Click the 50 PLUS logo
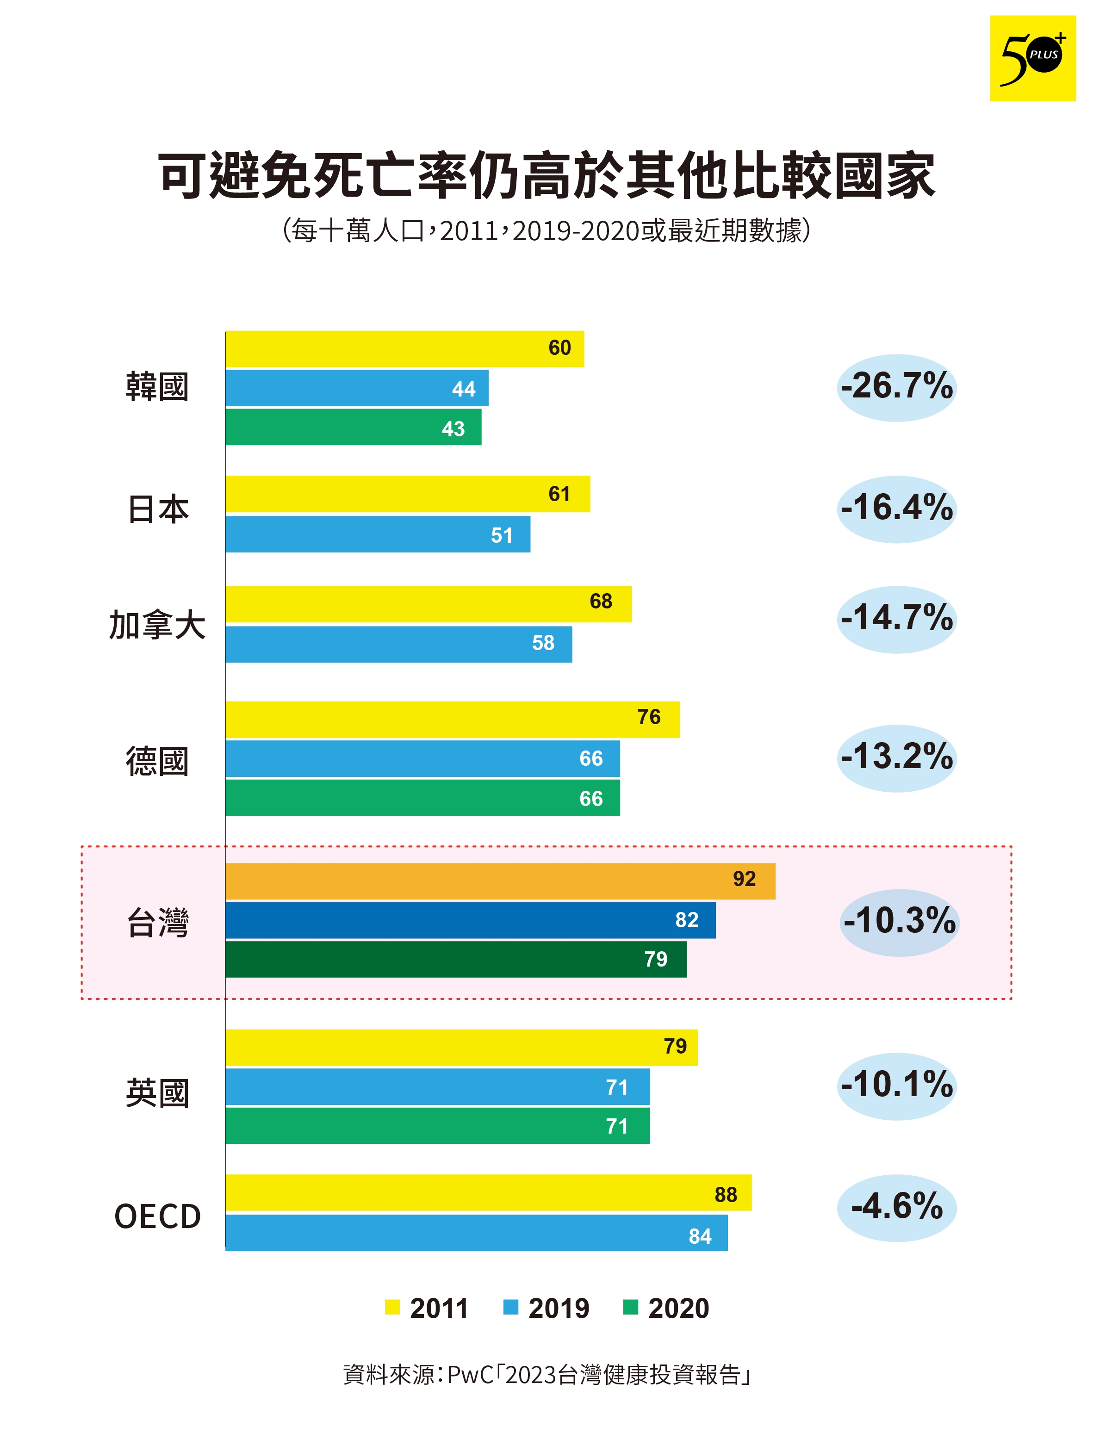tap(1032, 59)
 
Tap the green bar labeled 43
tap(353, 428)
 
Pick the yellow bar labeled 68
tap(428, 604)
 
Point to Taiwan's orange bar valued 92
tap(500, 881)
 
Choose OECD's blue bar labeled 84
tap(476, 1232)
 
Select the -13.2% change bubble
tap(896, 758)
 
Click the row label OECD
tap(157, 1216)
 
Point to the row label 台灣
tap(157, 923)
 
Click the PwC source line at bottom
tap(546, 1375)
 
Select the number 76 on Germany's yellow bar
tap(649, 717)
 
